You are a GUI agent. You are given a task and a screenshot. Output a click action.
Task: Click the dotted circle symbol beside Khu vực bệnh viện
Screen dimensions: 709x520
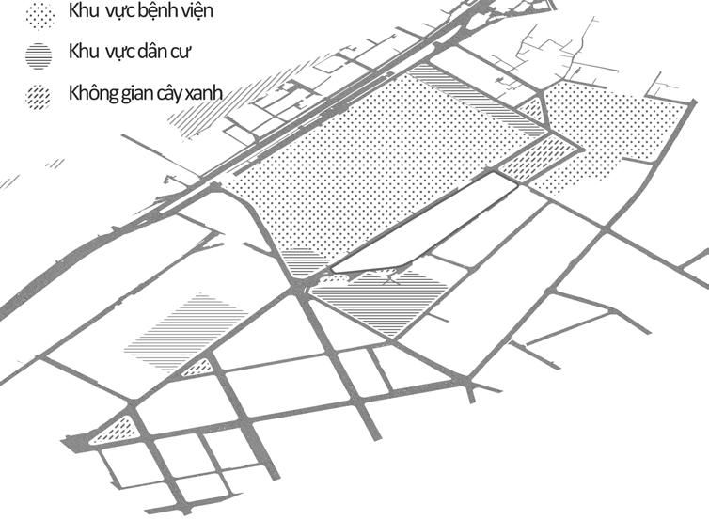click(39, 14)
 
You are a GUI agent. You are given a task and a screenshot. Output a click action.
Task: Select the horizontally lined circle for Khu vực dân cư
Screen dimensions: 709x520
click(39, 55)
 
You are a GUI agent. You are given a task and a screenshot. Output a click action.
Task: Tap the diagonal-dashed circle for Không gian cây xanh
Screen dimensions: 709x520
click(39, 96)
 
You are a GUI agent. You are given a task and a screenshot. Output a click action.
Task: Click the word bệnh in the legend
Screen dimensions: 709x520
click(161, 12)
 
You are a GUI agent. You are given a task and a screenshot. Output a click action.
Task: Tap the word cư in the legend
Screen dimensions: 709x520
click(181, 53)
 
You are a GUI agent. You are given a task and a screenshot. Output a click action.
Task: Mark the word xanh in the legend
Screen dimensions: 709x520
click(209, 94)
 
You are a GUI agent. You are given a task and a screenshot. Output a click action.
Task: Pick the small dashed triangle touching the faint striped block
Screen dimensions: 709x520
click(196, 368)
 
